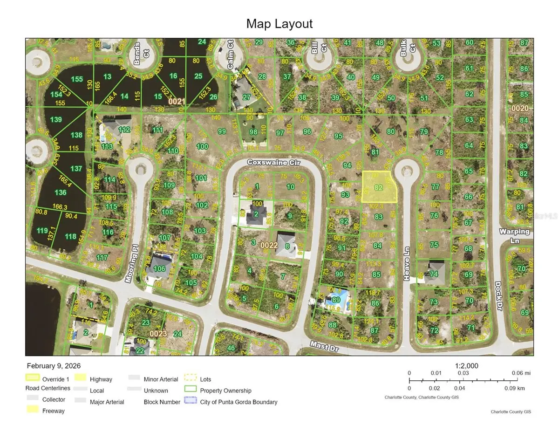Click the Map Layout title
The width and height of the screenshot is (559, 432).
click(x=279, y=24)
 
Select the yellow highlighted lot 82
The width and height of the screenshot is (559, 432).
click(x=379, y=187)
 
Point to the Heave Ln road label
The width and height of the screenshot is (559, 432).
click(x=407, y=270)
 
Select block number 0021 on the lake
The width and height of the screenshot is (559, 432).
click(x=177, y=101)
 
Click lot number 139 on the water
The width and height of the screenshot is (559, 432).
click(x=56, y=120)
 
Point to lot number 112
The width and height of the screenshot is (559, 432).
click(x=123, y=130)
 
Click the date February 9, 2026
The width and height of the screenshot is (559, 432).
click(x=50, y=366)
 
